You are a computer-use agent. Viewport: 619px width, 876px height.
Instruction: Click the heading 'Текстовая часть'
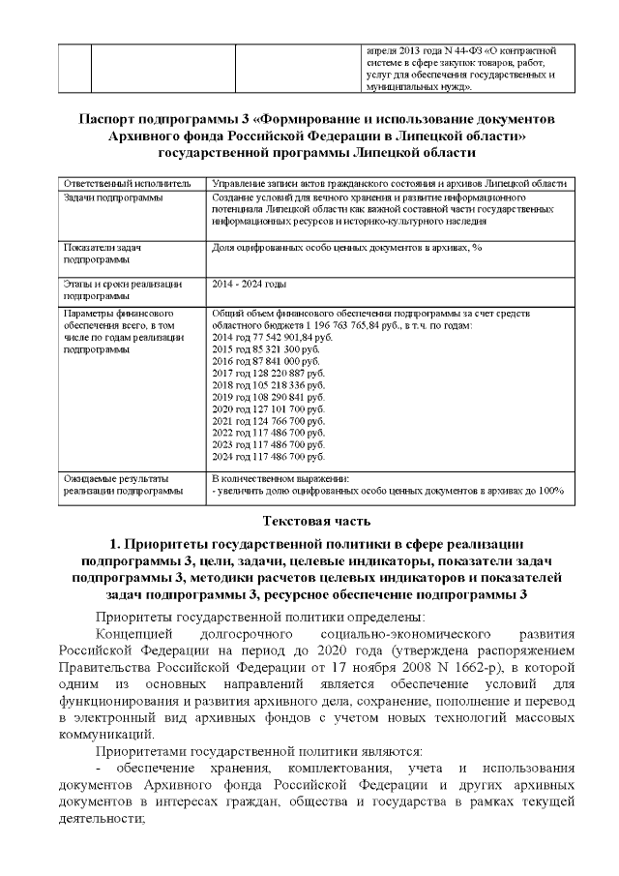click(x=309, y=522)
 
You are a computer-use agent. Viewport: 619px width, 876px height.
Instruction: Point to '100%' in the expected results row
click(x=551, y=491)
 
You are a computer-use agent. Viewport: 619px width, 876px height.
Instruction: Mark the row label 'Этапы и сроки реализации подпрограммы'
click(x=121, y=289)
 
